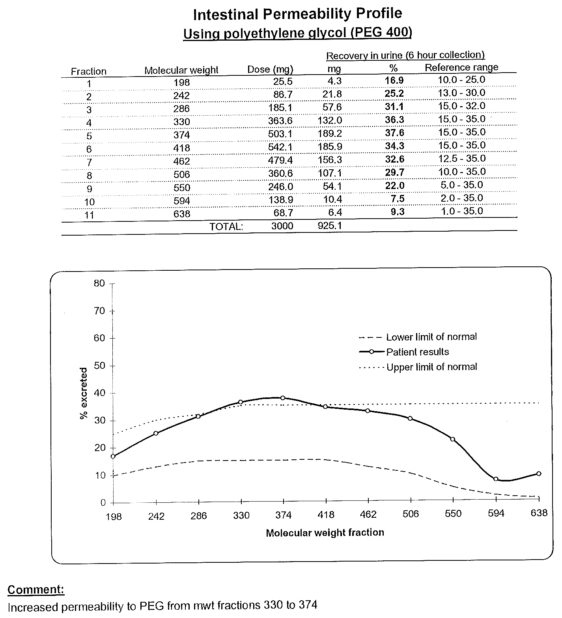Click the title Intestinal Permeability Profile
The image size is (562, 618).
(298, 14)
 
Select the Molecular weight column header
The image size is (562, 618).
(181, 70)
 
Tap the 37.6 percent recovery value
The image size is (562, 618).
(394, 133)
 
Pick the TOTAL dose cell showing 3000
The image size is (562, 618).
(282, 226)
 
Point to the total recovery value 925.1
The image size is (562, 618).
(330, 226)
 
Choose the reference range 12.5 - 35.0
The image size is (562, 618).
(461, 159)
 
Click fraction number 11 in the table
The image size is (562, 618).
(89, 215)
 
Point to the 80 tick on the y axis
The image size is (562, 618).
(100, 283)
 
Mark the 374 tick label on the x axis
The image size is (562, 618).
(283, 515)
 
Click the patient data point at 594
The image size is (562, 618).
(496, 479)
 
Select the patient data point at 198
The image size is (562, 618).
(113, 456)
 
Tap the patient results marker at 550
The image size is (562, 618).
(453, 439)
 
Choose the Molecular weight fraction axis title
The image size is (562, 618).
(325, 533)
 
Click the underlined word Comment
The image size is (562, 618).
(36, 590)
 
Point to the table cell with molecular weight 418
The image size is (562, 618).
(181, 148)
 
